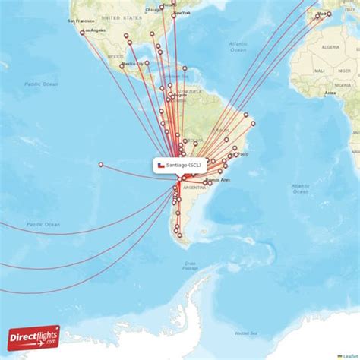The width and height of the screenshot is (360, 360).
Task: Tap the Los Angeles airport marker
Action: (x=82, y=33)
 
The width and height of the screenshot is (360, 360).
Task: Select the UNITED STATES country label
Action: (x=122, y=16)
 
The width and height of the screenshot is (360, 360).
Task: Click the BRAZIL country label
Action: (x=222, y=130)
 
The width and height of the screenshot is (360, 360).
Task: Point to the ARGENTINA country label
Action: (x=194, y=187)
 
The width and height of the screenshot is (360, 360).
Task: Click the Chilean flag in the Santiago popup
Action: (x=160, y=165)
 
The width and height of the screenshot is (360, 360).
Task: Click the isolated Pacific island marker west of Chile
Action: (x=101, y=164)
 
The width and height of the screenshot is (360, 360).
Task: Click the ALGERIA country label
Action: (x=330, y=46)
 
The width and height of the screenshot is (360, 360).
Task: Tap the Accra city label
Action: (x=330, y=93)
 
